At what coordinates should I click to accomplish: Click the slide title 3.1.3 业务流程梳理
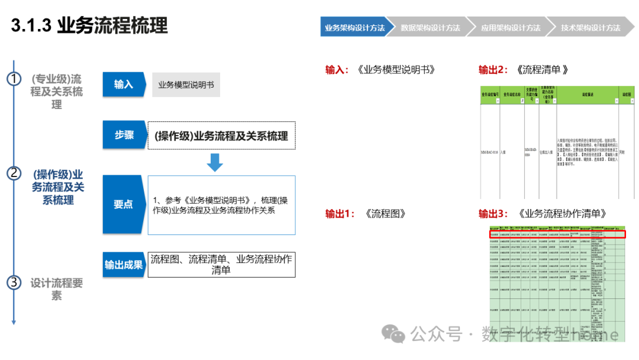89,25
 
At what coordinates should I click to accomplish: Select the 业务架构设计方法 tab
354,28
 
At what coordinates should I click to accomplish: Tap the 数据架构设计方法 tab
430,28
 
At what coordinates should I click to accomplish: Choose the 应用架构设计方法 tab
510,28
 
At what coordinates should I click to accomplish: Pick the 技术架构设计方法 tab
590,28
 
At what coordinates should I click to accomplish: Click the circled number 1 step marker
14,79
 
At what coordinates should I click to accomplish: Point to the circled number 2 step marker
14,173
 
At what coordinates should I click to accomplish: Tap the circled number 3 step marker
14,282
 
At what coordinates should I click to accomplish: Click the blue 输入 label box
123,85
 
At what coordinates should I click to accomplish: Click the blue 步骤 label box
123,135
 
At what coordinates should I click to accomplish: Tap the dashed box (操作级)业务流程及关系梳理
221,136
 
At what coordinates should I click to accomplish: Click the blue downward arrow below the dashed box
215,162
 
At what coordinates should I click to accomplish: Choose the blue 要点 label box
123,204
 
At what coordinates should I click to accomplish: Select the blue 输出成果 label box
124,265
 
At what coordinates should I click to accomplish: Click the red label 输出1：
340,214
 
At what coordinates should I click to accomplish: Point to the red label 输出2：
493,70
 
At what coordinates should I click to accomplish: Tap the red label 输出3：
493,214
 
